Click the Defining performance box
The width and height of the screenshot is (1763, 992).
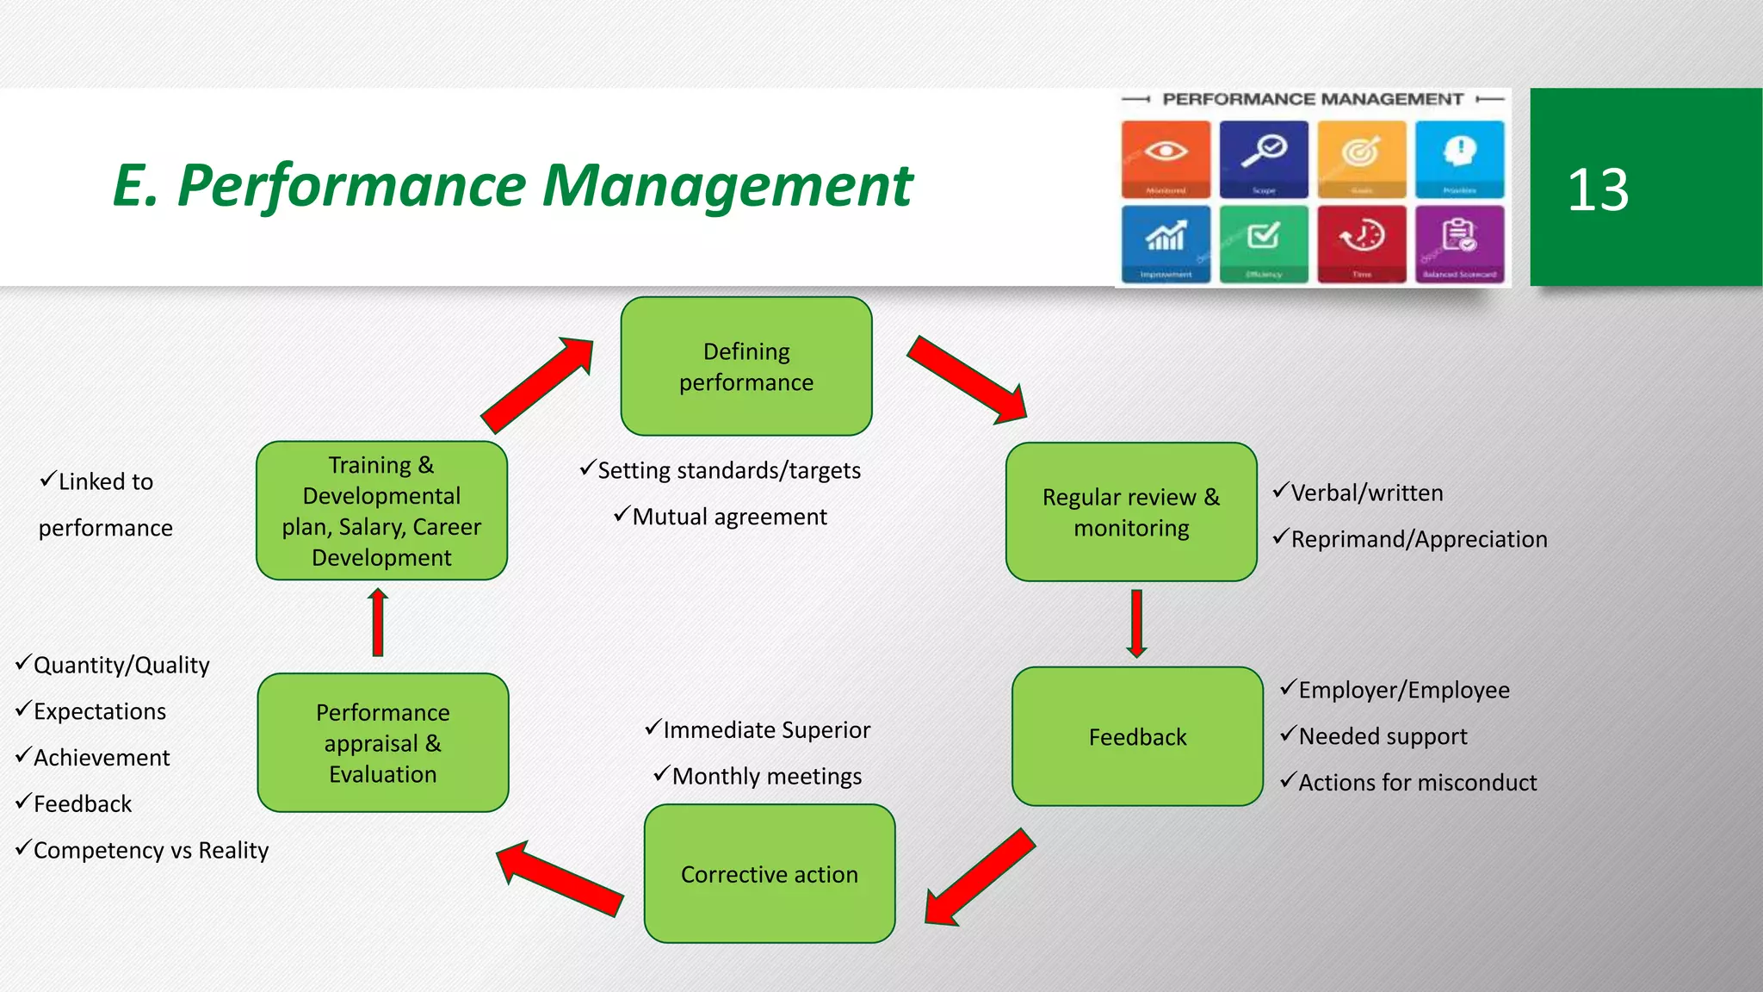coord(745,367)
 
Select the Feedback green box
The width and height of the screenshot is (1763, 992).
coord(1137,737)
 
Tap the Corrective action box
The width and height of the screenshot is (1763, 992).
coord(769,874)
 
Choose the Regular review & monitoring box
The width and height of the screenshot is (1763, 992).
coord(1130,512)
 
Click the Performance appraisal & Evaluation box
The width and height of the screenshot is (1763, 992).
coord(382,743)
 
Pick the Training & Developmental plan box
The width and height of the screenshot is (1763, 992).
coord(381,511)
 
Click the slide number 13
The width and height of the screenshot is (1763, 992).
coord(1598,189)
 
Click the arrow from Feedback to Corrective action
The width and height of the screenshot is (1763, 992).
coord(980,877)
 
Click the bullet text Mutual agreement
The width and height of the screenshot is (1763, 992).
coord(728,517)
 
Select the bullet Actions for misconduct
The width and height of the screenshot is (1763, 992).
coord(1416,783)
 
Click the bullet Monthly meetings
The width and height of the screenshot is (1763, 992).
coord(766,777)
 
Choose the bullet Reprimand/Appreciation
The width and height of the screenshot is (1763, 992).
coord(1418,540)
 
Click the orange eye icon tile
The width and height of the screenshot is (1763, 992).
coord(1166,158)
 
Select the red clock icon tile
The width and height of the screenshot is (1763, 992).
coord(1361,243)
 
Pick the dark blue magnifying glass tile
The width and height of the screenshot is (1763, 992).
coord(1264,158)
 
